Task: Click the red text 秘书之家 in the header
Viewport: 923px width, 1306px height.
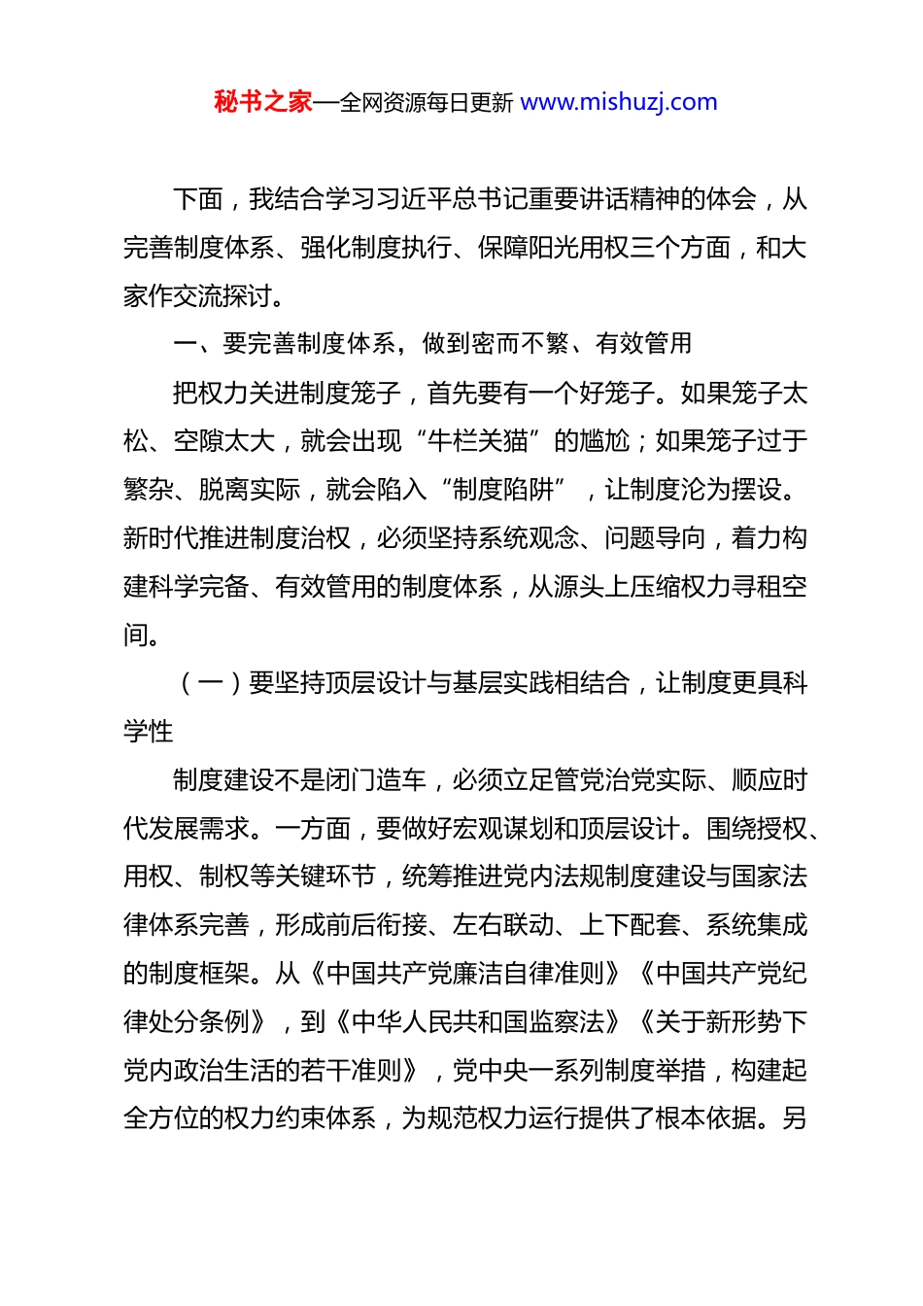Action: (x=262, y=102)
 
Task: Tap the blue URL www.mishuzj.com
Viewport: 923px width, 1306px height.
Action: (x=619, y=102)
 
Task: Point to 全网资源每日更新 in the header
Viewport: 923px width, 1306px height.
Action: (x=427, y=102)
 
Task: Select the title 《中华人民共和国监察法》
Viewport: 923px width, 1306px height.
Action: (x=477, y=1022)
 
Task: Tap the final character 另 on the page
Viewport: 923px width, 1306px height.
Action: (x=795, y=1118)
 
